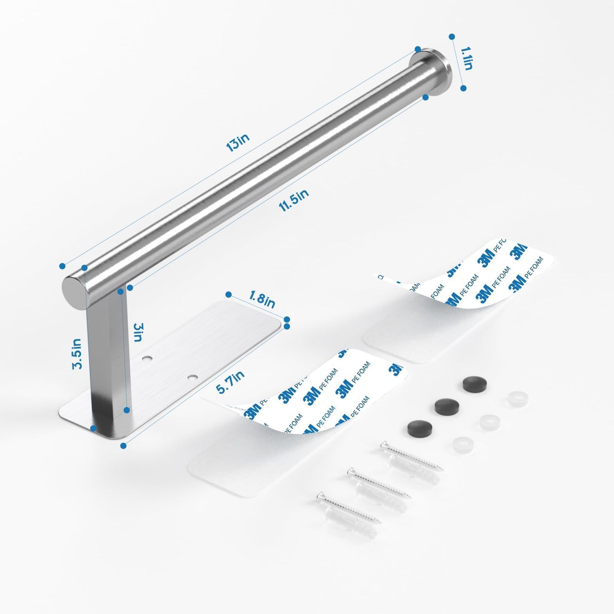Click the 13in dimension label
[x=238, y=142]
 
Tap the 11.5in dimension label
[x=294, y=200]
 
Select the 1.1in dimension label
[x=466, y=62]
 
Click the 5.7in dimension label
[x=230, y=382]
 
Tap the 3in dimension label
[x=138, y=332]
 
